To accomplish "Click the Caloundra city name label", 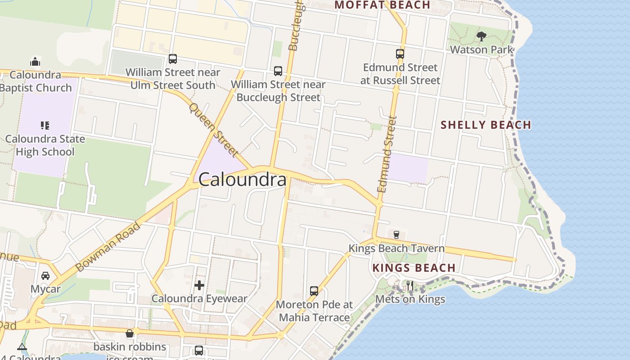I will click(242, 180).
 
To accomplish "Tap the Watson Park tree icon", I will click(481, 36).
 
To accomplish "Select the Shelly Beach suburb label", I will click(486, 125).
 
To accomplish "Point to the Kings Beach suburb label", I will click(414, 268).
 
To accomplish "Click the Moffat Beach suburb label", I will click(382, 5).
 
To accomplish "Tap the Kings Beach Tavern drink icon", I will click(396, 234).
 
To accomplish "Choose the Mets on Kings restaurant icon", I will click(409, 286).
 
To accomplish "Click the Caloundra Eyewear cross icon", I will click(199, 285).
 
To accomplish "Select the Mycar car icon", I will click(45, 275).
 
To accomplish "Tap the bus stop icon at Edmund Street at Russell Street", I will click(400, 54).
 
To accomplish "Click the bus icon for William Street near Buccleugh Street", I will click(278, 71).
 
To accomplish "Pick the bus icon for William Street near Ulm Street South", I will click(172, 58).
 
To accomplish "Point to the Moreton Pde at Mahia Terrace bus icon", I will click(314, 291).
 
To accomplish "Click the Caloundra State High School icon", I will click(45, 125).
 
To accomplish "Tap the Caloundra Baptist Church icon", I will click(35, 61).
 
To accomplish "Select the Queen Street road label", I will click(213, 130).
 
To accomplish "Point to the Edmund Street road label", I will click(387, 154).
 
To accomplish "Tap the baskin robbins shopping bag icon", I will click(130, 333).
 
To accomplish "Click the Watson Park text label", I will click(481, 49).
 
